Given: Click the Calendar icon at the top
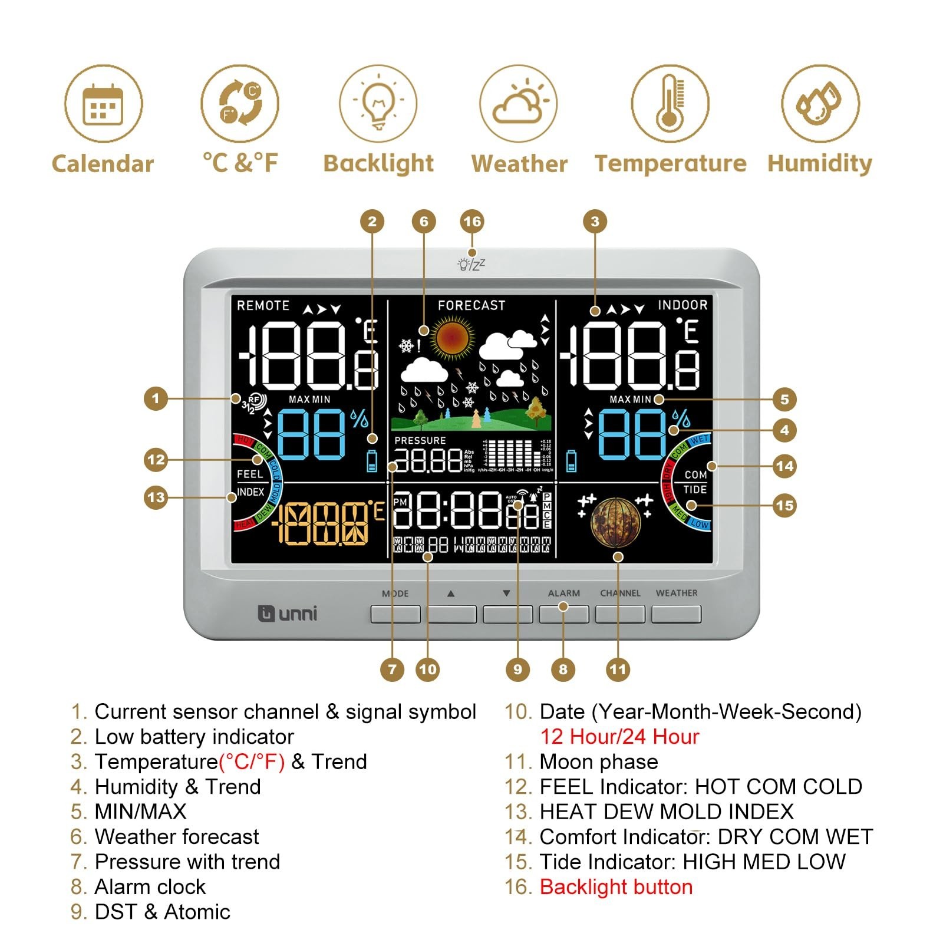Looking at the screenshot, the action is tap(103, 104).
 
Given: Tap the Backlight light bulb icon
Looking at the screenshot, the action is tap(378, 104).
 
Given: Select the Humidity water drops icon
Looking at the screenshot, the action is tap(820, 104).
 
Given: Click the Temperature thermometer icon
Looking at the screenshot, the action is tap(670, 104).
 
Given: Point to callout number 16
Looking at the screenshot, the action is tap(472, 222).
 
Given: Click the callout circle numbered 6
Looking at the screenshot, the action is tap(424, 222).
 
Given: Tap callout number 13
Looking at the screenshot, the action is tap(156, 497).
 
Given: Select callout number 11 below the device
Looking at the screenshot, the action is tap(618, 669).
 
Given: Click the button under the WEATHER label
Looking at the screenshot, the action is tap(676, 614).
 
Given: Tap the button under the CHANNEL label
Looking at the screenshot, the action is tap(620, 614).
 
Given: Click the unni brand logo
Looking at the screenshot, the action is tap(288, 614).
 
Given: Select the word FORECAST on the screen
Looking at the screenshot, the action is tap(471, 305).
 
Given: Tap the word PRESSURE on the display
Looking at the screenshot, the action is tap(420, 440).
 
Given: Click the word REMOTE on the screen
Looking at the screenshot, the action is tap(263, 305).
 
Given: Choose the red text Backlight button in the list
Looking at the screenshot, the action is tap(616, 887).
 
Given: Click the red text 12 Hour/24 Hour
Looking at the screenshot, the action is tap(619, 737).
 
